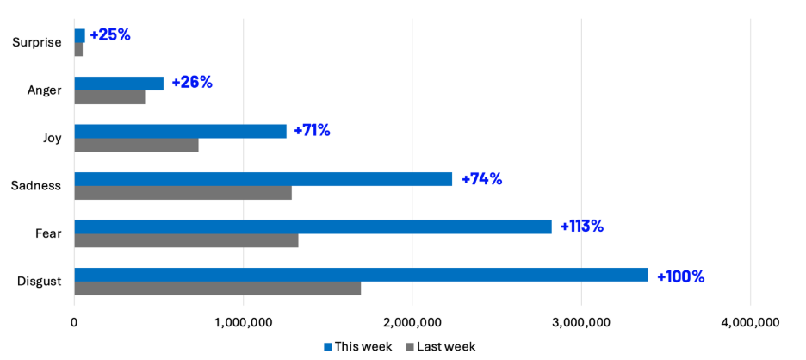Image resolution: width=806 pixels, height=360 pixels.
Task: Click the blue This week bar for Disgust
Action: point(361,275)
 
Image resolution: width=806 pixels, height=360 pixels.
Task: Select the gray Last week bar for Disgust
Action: point(217,289)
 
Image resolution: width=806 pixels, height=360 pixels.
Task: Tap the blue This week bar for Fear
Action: point(313,227)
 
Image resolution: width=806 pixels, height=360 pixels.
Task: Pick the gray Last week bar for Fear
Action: point(186,240)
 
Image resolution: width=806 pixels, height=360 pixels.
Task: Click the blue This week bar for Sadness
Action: point(263,179)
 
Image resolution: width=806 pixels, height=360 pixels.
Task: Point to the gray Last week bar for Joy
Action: point(136,145)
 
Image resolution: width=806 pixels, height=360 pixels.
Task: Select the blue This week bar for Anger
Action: point(119,84)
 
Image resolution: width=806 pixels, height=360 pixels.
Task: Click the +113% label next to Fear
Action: point(582,227)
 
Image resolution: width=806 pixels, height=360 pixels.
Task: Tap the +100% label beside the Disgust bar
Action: point(680,276)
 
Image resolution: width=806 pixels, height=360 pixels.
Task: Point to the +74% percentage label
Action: point(481,179)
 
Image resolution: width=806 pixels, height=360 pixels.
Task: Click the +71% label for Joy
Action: point(312,131)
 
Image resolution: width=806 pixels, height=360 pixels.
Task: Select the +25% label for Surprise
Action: point(109,35)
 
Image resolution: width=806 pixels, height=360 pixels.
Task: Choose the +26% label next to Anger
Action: point(191,83)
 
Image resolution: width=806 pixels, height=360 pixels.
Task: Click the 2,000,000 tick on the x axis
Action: point(412,322)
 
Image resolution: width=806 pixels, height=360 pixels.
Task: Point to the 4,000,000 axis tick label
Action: point(750,322)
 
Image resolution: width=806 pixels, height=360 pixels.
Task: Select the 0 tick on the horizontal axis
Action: point(74,322)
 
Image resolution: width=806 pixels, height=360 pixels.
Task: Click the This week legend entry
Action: point(358,346)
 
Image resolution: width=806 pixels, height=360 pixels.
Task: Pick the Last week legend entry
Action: point(439,346)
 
